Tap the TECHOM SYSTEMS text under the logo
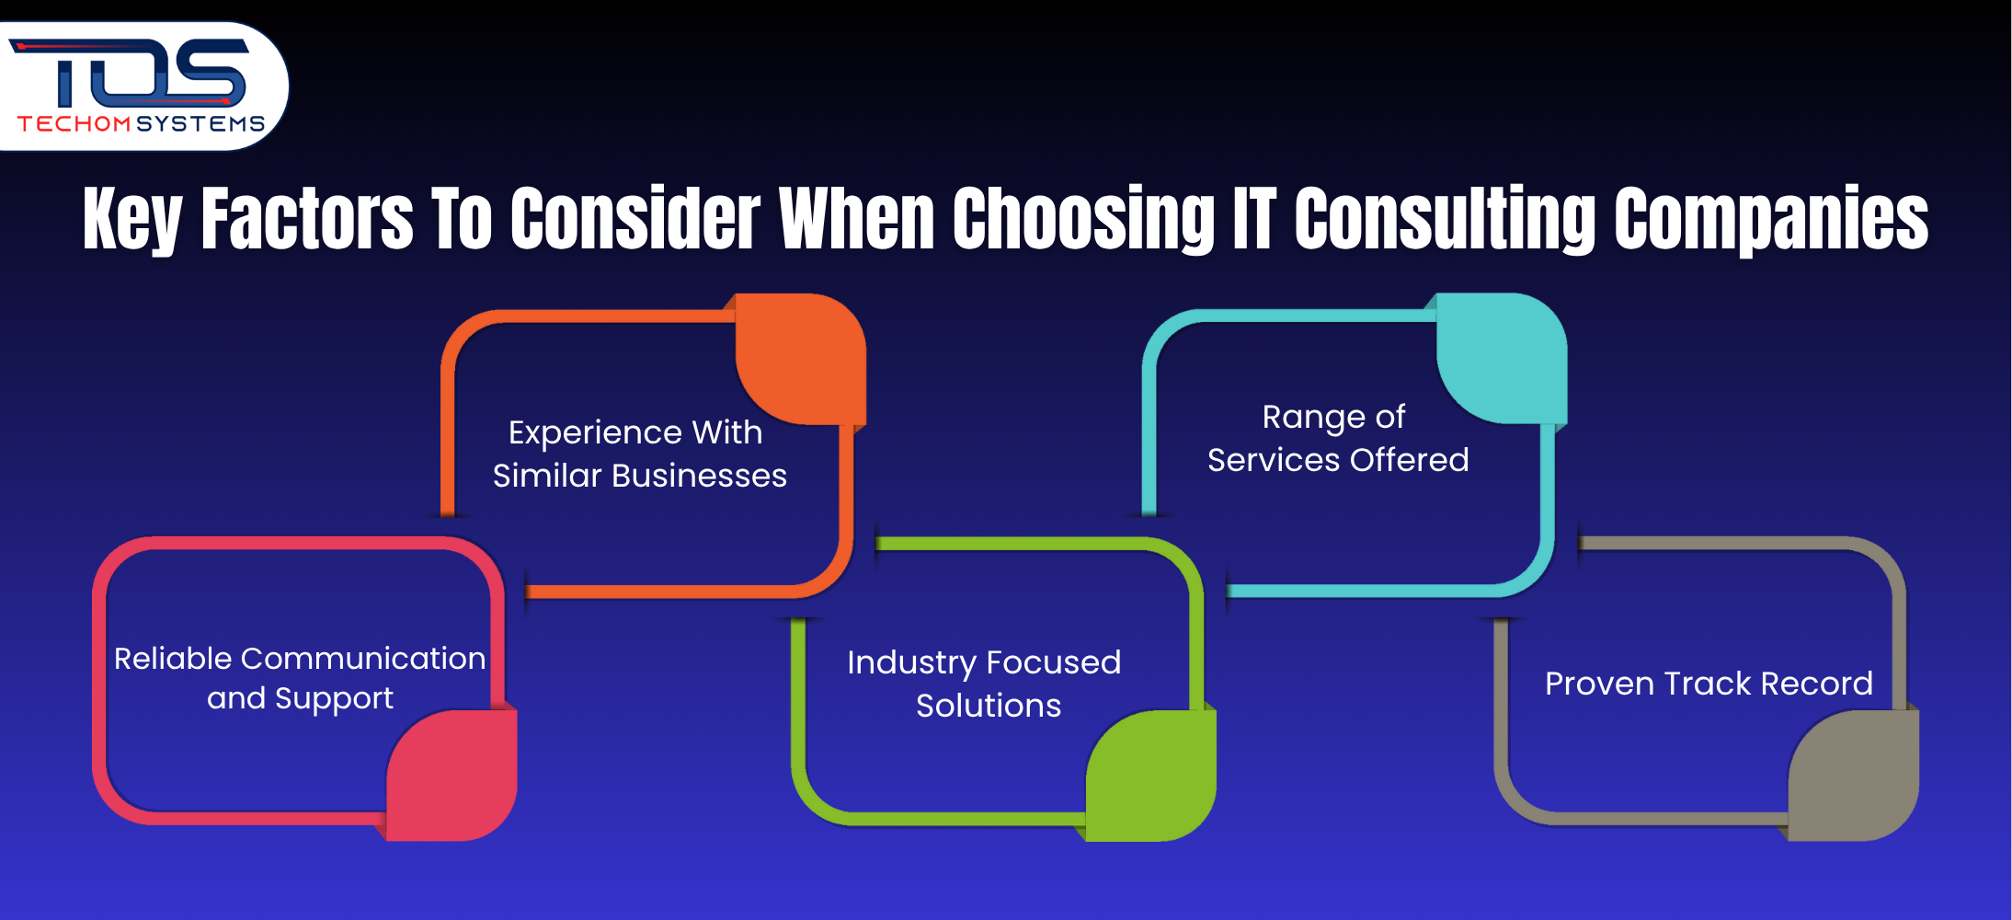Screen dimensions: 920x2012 click(141, 124)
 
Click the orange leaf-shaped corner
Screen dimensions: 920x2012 click(800, 359)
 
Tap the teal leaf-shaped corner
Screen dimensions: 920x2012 click(1502, 359)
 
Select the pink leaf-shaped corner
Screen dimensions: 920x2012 click(452, 776)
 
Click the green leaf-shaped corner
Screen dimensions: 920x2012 click(1151, 776)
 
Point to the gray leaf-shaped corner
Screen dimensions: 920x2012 click(1854, 776)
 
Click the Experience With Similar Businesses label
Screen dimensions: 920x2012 click(638, 454)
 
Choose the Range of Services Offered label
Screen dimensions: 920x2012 click(1337, 439)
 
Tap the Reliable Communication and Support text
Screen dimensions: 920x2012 click(300, 678)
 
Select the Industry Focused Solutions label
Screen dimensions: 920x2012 click(985, 684)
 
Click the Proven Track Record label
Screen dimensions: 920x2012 click(1709, 684)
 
